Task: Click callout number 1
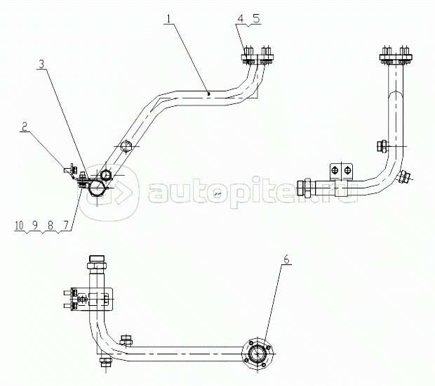tap(169, 19)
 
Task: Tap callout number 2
tap(25, 127)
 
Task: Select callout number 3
tap(41, 64)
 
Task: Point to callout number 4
tap(240, 19)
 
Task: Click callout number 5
tap(256, 19)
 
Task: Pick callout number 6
tap(286, 259)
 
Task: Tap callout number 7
tap(65, 226)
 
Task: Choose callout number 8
tap(51, 226)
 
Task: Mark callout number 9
tap(34, 226)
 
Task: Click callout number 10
tap(19, 226)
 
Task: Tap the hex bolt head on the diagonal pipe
tap(126, 146)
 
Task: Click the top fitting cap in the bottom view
tap(97, 262)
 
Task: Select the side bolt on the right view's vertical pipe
tap(382, 146)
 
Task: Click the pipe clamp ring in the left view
tap(97, 188)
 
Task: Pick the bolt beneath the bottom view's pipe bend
tap(106, 361)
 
